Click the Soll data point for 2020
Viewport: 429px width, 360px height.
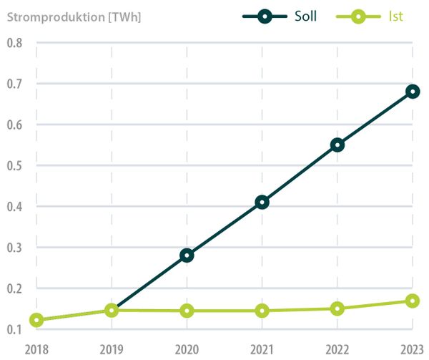pyautogui.click(x=187, y=255)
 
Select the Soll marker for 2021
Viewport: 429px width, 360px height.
pyautogui.click(x=262, y=202)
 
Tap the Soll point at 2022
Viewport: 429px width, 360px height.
pyautogui.click(x=337, y=145)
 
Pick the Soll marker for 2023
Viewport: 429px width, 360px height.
pyautogui.click(x=413, y=92)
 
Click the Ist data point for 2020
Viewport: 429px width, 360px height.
pyautogui.click(x=187, y=311)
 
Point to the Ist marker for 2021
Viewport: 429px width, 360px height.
pyautogui.click(x=262, y=311)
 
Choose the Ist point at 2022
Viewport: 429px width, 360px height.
pyautogui.click(x=337, y=308)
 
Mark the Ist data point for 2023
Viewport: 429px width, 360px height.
pyautogui.click(x=413, y=301)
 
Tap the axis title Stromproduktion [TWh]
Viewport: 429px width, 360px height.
pyautogui.click(x=74, y=16)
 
